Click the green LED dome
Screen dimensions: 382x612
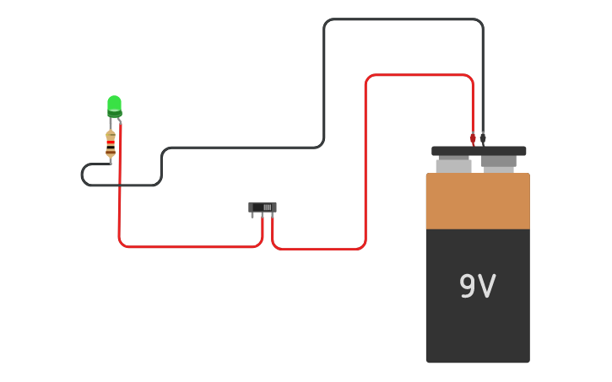tap(114, 104)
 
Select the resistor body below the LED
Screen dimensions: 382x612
tap(111, 144)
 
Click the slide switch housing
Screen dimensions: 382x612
tap(262, 207)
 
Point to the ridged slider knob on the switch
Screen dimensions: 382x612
tap(267, 207)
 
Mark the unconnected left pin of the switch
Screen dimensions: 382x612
tap(252, 215)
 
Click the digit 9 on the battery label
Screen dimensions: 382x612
tap(467, 287)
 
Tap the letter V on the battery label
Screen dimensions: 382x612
tap(486, 287)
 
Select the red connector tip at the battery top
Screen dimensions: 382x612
tap(473, 138)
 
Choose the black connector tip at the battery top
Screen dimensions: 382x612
tap(483, 138)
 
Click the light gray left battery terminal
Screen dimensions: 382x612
tap(453, 164)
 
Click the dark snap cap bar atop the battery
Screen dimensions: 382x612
tap(479, 151)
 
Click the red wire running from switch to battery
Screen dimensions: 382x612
tap(366, 169)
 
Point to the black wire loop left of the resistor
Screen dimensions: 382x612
tap(84, 175)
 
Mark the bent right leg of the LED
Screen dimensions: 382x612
tap(119, 122)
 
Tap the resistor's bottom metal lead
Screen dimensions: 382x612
tap(111, 160)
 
